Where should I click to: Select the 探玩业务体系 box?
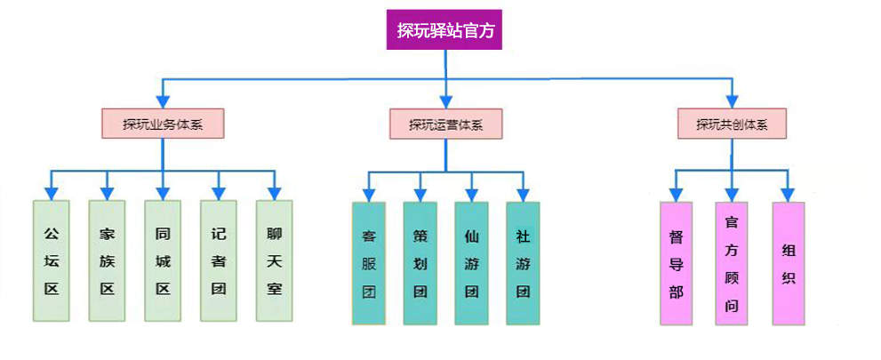163,124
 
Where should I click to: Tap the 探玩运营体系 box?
446,124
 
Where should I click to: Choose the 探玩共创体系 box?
732,124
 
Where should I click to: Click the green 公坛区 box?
51,260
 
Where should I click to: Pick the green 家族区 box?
107,260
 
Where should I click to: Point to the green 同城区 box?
163,260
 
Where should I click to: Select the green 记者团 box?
219,260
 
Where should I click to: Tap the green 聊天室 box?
275,260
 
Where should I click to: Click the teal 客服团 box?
369,264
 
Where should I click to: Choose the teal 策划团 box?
420,264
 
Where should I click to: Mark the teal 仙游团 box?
472,264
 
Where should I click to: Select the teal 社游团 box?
524,264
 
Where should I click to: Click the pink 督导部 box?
677,264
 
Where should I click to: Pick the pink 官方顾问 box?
732,264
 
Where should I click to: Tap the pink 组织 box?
788,264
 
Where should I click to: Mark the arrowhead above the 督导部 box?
677,192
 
